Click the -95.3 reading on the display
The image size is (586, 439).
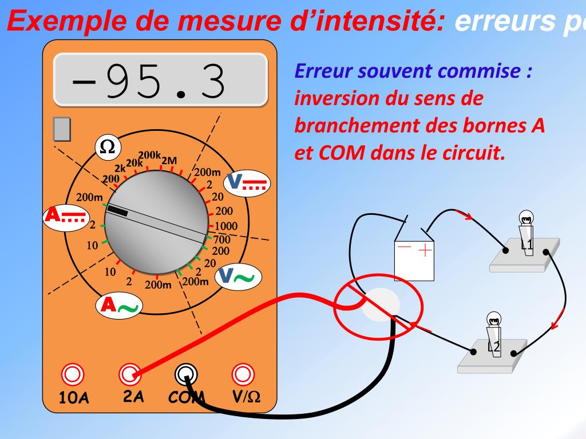(148, 82)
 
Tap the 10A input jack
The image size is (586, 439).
(73, 374)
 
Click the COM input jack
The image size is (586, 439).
(185, 374)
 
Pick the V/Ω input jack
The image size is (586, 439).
(243, 374)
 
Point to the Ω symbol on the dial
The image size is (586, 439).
(107, 147)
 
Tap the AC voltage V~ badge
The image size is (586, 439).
(238, 277)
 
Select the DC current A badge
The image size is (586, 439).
(65, 215)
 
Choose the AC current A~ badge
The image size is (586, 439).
(119, 306)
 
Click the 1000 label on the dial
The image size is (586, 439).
(226, 227)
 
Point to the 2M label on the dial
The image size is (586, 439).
(169, 161)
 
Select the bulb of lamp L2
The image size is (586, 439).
(493, 320)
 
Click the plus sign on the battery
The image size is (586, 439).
(425, 250)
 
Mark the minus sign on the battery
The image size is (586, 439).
(404, 248)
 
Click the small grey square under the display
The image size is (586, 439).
(61, 129)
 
